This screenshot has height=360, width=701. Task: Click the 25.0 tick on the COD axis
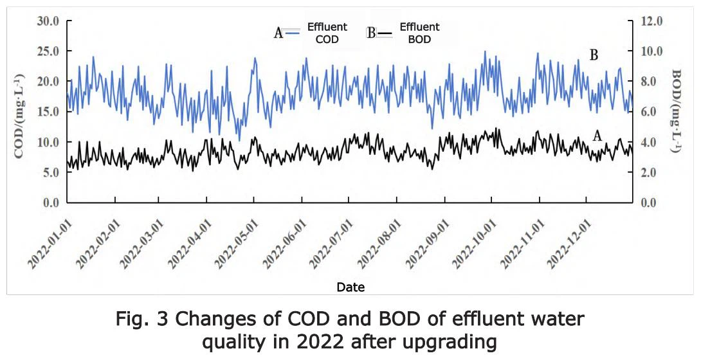pos(47,51)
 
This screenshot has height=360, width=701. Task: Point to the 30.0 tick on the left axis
pos(47,21)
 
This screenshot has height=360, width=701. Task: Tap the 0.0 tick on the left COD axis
pos(50,203)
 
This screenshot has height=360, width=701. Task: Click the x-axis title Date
pos(350,287)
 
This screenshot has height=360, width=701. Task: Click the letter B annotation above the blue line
pos(594,55)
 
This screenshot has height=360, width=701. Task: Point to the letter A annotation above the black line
pos(597,136)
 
